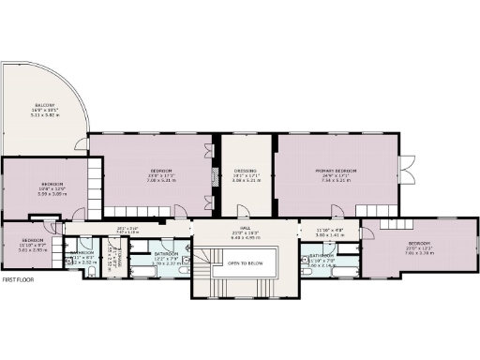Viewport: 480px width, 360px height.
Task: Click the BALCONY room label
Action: [45, 105]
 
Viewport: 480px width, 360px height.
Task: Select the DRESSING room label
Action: [246, 170]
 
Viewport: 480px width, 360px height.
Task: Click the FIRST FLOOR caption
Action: [21, 280]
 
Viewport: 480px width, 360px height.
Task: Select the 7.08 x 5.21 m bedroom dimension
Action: [163, 181]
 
